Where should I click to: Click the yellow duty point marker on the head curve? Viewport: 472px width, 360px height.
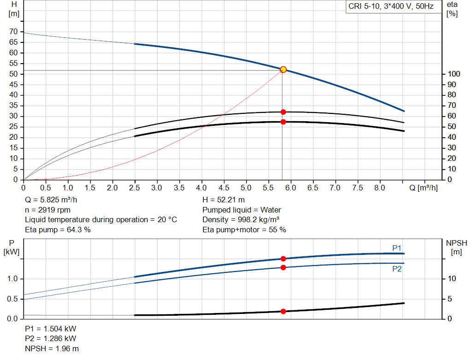click(x=283, y=70)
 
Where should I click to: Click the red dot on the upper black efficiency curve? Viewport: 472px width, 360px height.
click(x=283, y=112)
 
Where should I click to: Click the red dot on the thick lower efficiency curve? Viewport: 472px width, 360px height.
click(x=283, y=122)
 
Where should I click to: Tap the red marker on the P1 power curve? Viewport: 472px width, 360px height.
click(x=283, y=259)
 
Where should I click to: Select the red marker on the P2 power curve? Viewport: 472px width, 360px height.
click(x=283, y=267)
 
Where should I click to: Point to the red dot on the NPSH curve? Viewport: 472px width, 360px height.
click(x=283, y=311)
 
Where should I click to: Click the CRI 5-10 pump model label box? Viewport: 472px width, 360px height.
click(x=390, y=6)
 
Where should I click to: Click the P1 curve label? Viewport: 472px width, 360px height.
click(x=397, y=248)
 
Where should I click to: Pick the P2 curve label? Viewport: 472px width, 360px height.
click(x=397, y=269)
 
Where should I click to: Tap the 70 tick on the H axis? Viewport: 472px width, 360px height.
click(x=13, y=32)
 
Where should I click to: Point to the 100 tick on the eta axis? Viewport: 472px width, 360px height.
click(x=454, y=74)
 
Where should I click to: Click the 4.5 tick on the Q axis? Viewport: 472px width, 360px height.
click(x=224, y=188)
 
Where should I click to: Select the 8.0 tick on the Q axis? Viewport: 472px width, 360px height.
click(x=380, y=188)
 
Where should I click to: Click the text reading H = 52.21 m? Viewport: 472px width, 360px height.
click(x=224, y=200)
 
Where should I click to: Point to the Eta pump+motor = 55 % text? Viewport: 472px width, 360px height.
click(x=244, y=230)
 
